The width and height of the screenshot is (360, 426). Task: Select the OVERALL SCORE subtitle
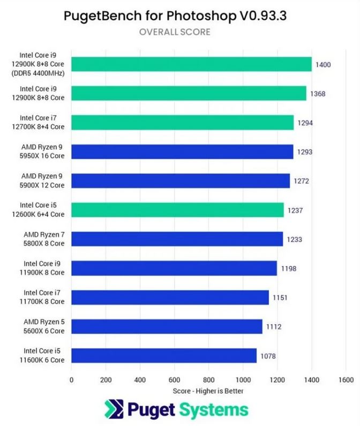coord(175,32)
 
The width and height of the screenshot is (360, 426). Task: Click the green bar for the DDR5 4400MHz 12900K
coord(191,64)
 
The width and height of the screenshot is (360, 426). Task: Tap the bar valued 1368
coord(189,94)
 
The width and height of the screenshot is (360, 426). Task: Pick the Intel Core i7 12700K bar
coord(182,123)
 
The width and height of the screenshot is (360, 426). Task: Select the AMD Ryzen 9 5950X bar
coord(182,151)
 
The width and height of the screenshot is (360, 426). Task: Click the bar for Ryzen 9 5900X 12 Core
coord(181,181)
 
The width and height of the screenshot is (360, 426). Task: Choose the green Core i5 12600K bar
coord(177,210)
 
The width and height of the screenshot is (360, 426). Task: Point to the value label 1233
coord(294,240)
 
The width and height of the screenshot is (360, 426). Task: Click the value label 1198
coord(288,269)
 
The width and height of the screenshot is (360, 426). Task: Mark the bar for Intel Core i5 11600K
coord(164,356)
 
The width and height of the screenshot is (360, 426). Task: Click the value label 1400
coord(323,65)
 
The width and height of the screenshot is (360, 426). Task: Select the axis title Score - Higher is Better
coord(208,391)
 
